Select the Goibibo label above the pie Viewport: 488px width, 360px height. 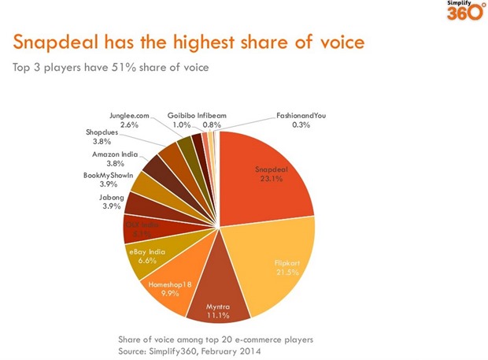(x=179, y=116)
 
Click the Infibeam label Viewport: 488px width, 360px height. (x=212, y=116)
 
